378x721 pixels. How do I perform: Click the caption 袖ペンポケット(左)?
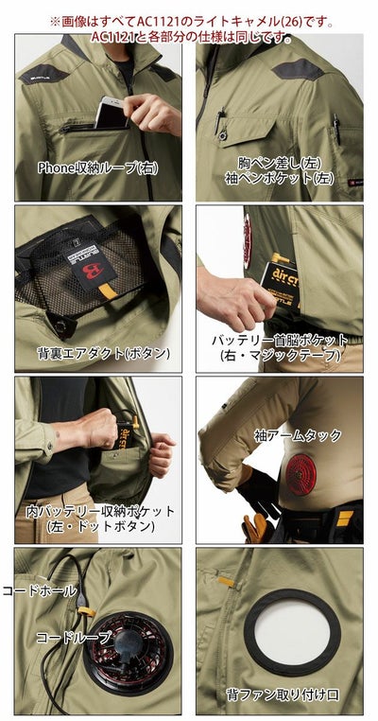[280, 177]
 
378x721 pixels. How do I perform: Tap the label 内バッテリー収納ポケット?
[100, 511]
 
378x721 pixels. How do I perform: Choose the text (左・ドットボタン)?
[100, 526]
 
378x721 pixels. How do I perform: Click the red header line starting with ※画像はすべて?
[189, 20]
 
